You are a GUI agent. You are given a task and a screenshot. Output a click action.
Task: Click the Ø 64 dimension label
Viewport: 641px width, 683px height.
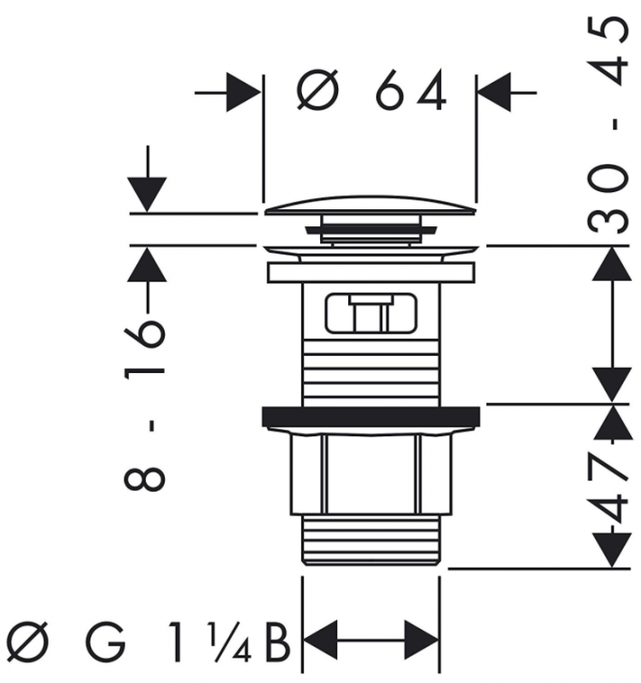[371, 90]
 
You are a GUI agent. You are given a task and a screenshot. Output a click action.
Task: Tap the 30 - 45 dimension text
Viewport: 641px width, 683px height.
[609, 125]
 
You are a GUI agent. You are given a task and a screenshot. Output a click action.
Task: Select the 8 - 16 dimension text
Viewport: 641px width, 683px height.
[145, 404]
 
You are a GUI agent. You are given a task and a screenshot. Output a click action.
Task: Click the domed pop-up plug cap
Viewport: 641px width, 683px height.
[370, 206]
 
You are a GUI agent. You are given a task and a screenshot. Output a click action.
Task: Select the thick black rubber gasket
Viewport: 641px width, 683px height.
[371, 417]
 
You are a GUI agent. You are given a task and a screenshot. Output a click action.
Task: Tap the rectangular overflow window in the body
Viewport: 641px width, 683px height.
[370, 313]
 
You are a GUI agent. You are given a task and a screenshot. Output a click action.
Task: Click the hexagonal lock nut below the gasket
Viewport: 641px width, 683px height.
[371, 474]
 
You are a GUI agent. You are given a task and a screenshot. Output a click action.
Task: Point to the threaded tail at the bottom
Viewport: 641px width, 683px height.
[371, 540]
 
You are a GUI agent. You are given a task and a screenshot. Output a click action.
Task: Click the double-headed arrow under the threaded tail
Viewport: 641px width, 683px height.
[370, 641]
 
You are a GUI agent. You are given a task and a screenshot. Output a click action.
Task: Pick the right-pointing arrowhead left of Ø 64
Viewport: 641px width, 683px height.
[244, 92]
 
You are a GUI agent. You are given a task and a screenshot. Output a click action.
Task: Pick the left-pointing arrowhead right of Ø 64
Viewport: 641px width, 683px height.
[494, 92]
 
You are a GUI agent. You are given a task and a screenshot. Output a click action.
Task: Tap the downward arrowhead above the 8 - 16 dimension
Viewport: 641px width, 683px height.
[147, 195]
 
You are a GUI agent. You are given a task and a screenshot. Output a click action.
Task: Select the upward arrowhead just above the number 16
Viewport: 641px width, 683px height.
[147, 265]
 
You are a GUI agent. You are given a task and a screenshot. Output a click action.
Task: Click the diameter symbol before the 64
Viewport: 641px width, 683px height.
[318, 90]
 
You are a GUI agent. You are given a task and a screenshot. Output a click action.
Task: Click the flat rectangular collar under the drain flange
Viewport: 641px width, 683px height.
[371, 272]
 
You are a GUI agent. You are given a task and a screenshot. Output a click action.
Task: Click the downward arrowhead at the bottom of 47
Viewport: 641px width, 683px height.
[613, 550]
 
